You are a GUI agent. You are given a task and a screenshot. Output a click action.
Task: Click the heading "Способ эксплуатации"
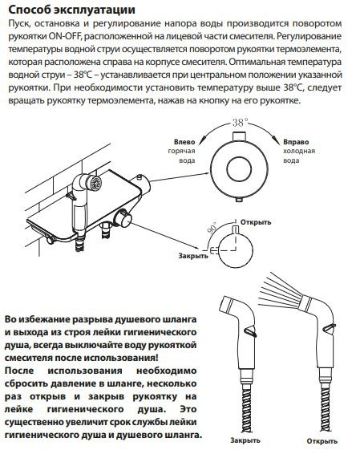coord(71,10)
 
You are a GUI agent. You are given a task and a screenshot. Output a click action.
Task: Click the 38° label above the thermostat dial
coord(240,123)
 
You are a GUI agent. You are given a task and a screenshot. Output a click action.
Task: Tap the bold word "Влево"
coord(184,142)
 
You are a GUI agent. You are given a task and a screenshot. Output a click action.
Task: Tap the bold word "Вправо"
coord(296,142)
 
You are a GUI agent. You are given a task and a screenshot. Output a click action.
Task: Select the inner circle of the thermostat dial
coord(239,168)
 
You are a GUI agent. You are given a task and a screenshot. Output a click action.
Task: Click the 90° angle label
coord(212,229)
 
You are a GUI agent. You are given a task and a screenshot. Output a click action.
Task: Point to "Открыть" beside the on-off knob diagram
coord(256,222)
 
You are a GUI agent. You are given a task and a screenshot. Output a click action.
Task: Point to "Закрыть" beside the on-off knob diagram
coord(193,255)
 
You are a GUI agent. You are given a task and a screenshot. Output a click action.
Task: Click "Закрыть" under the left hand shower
coord(245,440)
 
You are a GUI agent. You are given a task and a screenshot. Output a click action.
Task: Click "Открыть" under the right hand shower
coord(322,440)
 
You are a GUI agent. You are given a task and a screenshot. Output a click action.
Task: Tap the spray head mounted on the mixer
coord(95,183)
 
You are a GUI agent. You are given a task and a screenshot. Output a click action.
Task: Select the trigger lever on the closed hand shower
coord(250,331)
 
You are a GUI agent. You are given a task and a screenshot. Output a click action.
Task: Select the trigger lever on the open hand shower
coord(330,328)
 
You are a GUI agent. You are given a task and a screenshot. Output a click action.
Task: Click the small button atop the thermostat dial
coord(239,136)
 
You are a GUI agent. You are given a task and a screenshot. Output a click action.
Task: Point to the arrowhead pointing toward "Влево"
coord(200,142)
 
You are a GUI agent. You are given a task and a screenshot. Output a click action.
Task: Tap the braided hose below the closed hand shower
coord(246,411)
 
